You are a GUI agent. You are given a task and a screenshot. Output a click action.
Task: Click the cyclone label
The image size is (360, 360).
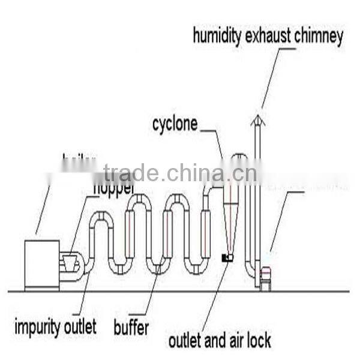point(175,125)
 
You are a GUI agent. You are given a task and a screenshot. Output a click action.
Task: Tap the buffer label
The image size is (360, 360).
point(131,328)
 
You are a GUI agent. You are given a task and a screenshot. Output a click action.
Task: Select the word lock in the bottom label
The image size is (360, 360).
point(259,341)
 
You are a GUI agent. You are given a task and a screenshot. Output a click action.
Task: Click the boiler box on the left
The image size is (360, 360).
point(41,263)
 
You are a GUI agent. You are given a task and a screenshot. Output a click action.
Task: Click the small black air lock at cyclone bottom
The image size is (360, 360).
point(227,257)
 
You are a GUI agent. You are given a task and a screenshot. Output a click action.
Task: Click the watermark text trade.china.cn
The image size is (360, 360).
point(180,173)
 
